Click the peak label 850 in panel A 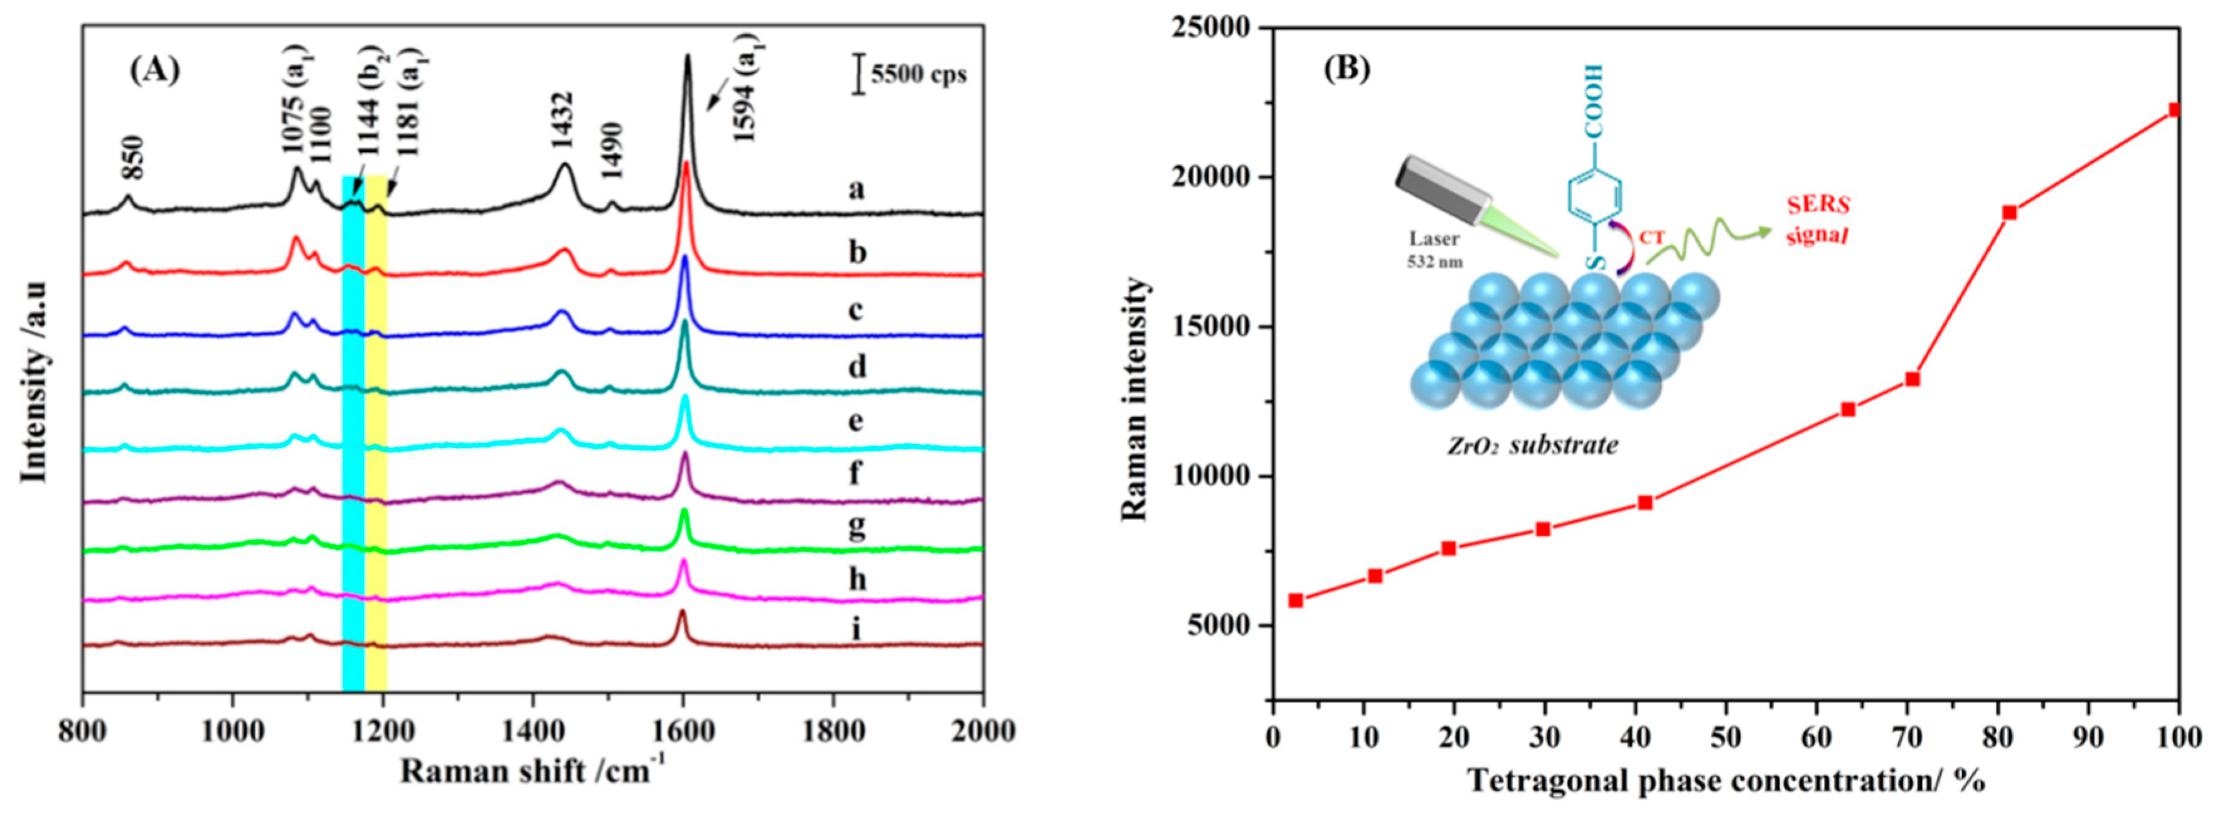[132, 158]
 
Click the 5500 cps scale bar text [919, 75]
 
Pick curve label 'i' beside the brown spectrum [855, 632]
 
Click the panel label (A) [155, 70]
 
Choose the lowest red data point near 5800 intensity [1296, 601]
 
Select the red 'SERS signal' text [1817, 219]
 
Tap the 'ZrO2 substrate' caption [1533, 446]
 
